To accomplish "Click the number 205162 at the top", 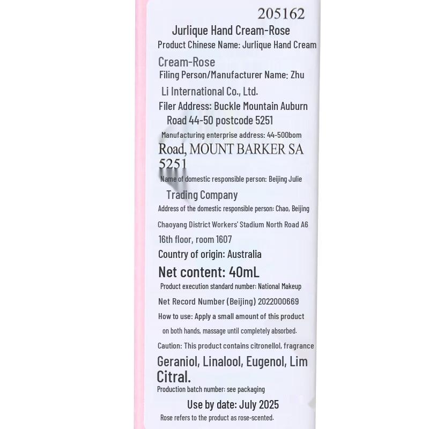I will pos(281,14).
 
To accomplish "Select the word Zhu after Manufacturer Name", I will pos(297,75).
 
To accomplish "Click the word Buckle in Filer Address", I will pos(227,106).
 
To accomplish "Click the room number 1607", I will pos(224,240).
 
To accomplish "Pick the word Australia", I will pos(245,254).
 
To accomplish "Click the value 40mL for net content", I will pos(244,272).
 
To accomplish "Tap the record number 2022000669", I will pos(278,302).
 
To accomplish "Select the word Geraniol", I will pos(178,362).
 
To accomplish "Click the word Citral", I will pos(174,377).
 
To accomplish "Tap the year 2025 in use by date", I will pos(267,404).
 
